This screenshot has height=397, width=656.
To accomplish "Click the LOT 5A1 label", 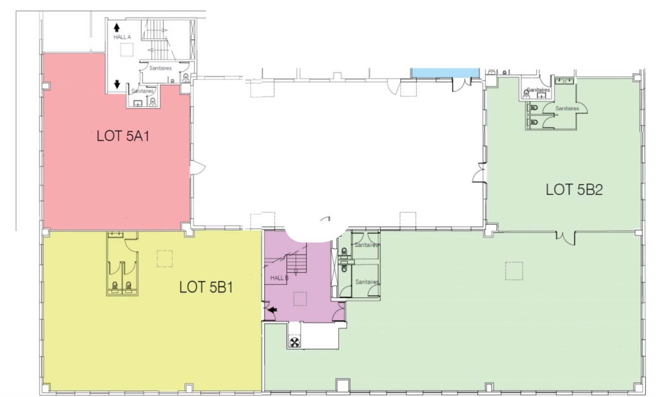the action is click(123, 136).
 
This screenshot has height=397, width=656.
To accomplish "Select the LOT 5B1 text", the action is click(206, 287).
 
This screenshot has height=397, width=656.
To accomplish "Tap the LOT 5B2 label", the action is click(574, 189).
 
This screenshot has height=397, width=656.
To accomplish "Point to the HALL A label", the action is click(122, 37).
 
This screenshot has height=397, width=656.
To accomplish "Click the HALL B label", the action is click(279, 278).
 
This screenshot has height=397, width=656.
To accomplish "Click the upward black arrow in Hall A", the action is click(117, 28).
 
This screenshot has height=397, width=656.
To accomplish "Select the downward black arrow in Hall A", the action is click(117, 84).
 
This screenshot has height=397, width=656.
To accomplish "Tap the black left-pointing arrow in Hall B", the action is click(273, 310).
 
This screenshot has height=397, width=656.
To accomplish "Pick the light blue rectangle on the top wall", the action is click(445, 73).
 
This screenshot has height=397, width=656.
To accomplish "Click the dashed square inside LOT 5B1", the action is click(164, 258).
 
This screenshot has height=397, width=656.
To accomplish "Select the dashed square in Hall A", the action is click(127, 50).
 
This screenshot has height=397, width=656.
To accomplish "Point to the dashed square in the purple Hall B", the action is click(300, 299).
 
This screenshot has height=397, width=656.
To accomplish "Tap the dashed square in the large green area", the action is click(514, 271).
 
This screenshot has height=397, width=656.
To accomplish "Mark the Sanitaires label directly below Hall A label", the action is click(160, 68).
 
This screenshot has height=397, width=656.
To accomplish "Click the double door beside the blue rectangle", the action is click(462, 85).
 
